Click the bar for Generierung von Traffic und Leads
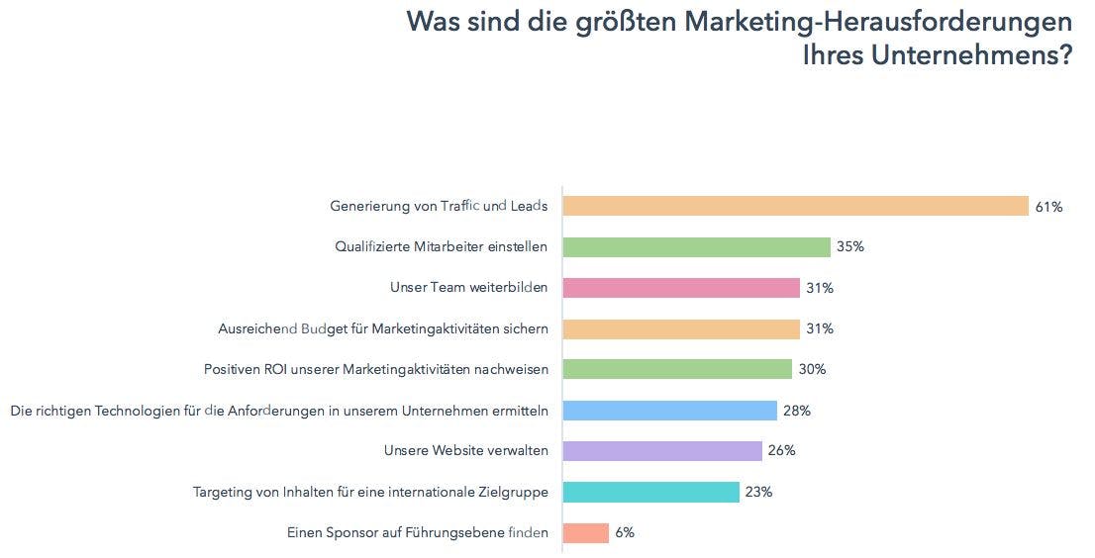tap(796, 206)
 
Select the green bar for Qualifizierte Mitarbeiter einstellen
tap(696, 246)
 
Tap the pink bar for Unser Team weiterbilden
tap(681, 288)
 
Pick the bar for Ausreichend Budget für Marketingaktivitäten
tap(681, 328)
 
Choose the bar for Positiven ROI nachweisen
tap(677, 369)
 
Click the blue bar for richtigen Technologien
tap(669, 410)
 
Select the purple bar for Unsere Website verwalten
tap(662, 451)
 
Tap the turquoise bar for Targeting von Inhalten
tap(650, 492)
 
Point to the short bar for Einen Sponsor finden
tap(585, 532)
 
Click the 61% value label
tap(1048, 207)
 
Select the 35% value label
tap(849, 247)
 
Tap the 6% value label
tap(624, 532)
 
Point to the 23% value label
tap(758, 492)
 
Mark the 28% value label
tap(797, 410)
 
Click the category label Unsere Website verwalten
tap(465, 451)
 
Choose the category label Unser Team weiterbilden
tap(469, 288)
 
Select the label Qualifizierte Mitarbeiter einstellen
tap(441, 247)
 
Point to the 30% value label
tap(812, 369)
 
